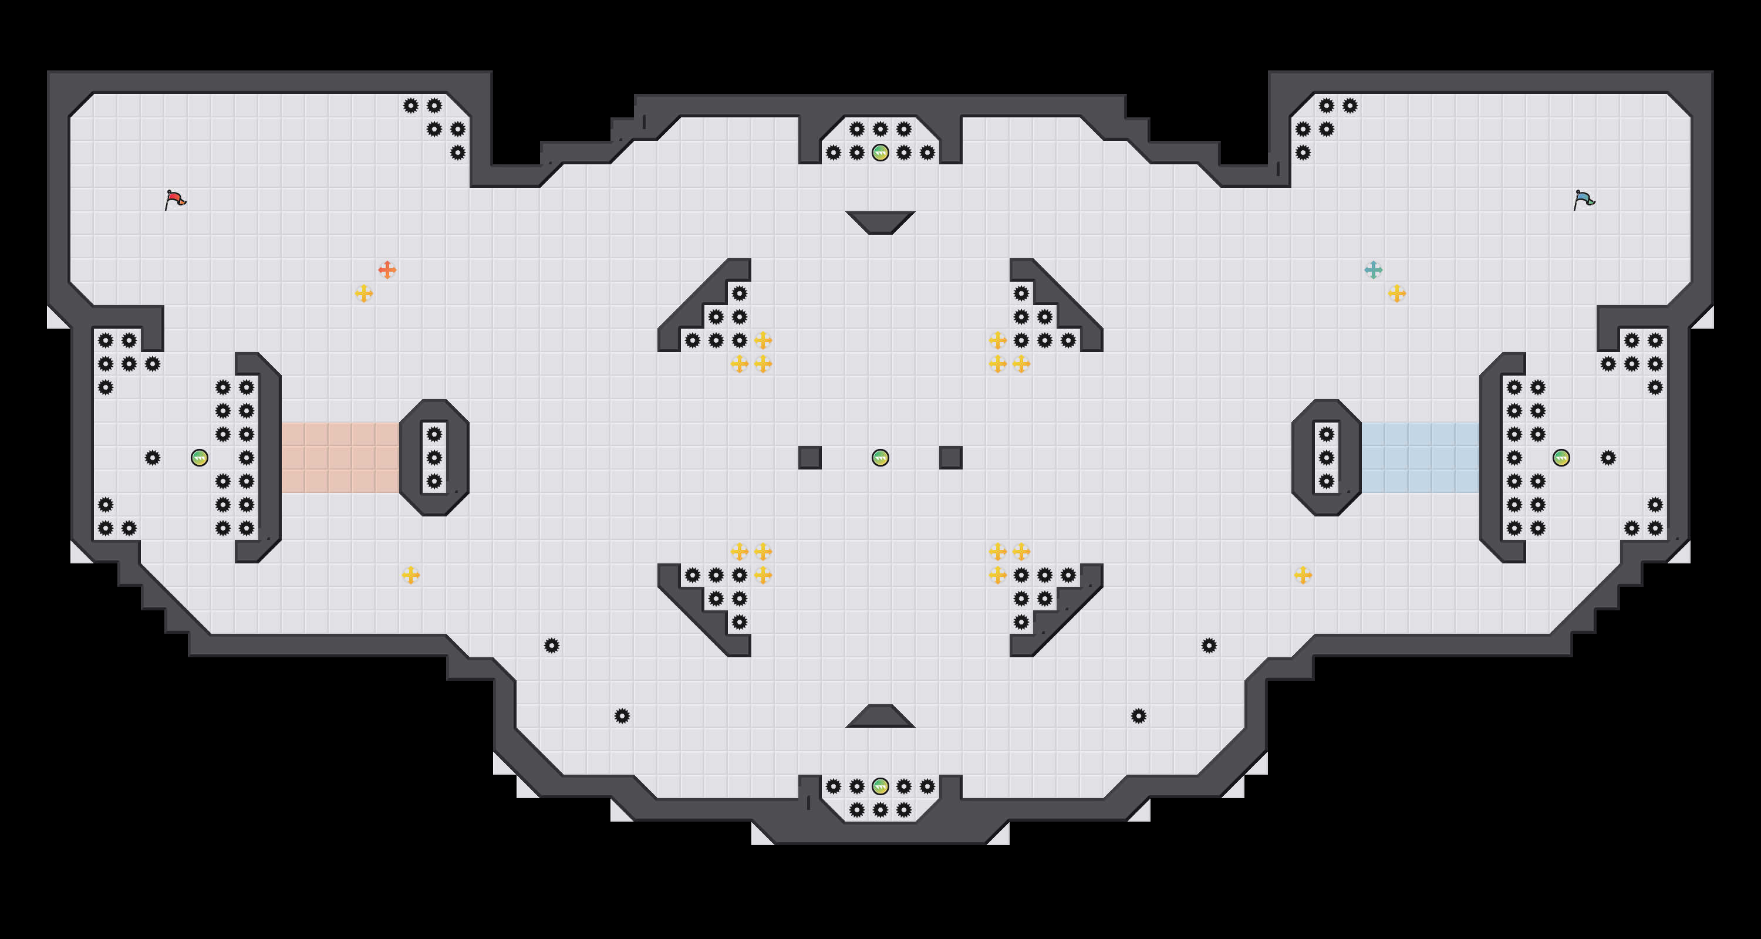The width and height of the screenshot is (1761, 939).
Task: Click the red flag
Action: (175, 200)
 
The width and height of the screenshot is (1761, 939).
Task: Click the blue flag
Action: (1584, 200)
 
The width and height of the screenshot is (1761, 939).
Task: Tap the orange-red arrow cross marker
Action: (387, 270)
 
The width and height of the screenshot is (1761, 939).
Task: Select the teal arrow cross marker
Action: (1374, 270)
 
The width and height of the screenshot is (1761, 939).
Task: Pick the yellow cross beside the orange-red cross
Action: (364, 294)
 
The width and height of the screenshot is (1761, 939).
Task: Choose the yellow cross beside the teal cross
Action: (1396, 294)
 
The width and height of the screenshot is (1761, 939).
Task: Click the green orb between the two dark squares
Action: (880, 458)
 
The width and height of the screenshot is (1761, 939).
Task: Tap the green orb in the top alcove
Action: (880, 153)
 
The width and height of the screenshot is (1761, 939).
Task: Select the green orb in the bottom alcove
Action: (880, 786)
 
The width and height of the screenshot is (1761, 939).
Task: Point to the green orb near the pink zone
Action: (199, 458)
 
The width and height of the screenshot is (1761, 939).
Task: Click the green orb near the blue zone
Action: (1561, 458)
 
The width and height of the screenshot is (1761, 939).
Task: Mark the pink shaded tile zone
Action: (340, 458)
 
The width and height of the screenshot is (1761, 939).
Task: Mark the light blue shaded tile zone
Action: (1421, 458)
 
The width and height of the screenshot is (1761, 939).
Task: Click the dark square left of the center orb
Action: (810, 458)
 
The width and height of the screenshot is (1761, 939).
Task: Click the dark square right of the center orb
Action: (951, 458)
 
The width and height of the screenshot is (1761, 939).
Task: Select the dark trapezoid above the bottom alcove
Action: (880, 717)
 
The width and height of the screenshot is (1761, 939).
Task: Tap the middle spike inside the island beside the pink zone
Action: (434, 458)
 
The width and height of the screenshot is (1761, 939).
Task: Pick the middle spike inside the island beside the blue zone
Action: (1326, 458)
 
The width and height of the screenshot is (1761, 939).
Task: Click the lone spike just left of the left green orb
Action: (153, 458)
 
